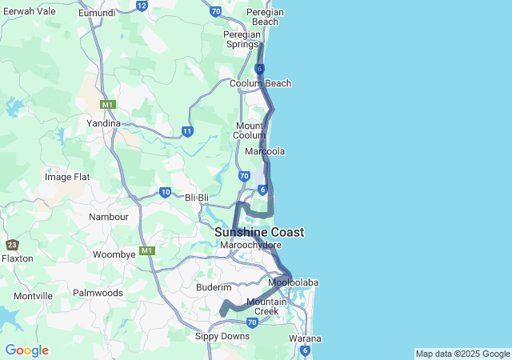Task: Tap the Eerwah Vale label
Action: click(x=29, y=11)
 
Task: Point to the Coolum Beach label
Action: click(x=260, y=83)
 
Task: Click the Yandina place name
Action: click(x=103, y=123)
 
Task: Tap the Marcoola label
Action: click(x=265, y=151)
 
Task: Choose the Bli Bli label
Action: click(x=197, y=197)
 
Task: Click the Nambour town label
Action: click(x=109, y=217)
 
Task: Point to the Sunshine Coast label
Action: click(x=259, y=232)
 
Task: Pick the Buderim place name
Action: click(x=214, y=287)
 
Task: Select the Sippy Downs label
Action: click(x=222, y=336)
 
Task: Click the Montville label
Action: click(x=33, y=296)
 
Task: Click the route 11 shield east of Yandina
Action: click(x=187, y=131)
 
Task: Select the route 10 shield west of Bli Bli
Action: click(x=165, y=192)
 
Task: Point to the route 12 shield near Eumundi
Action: click(x=142, y=6)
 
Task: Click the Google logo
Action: click(x=26, y=350)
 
